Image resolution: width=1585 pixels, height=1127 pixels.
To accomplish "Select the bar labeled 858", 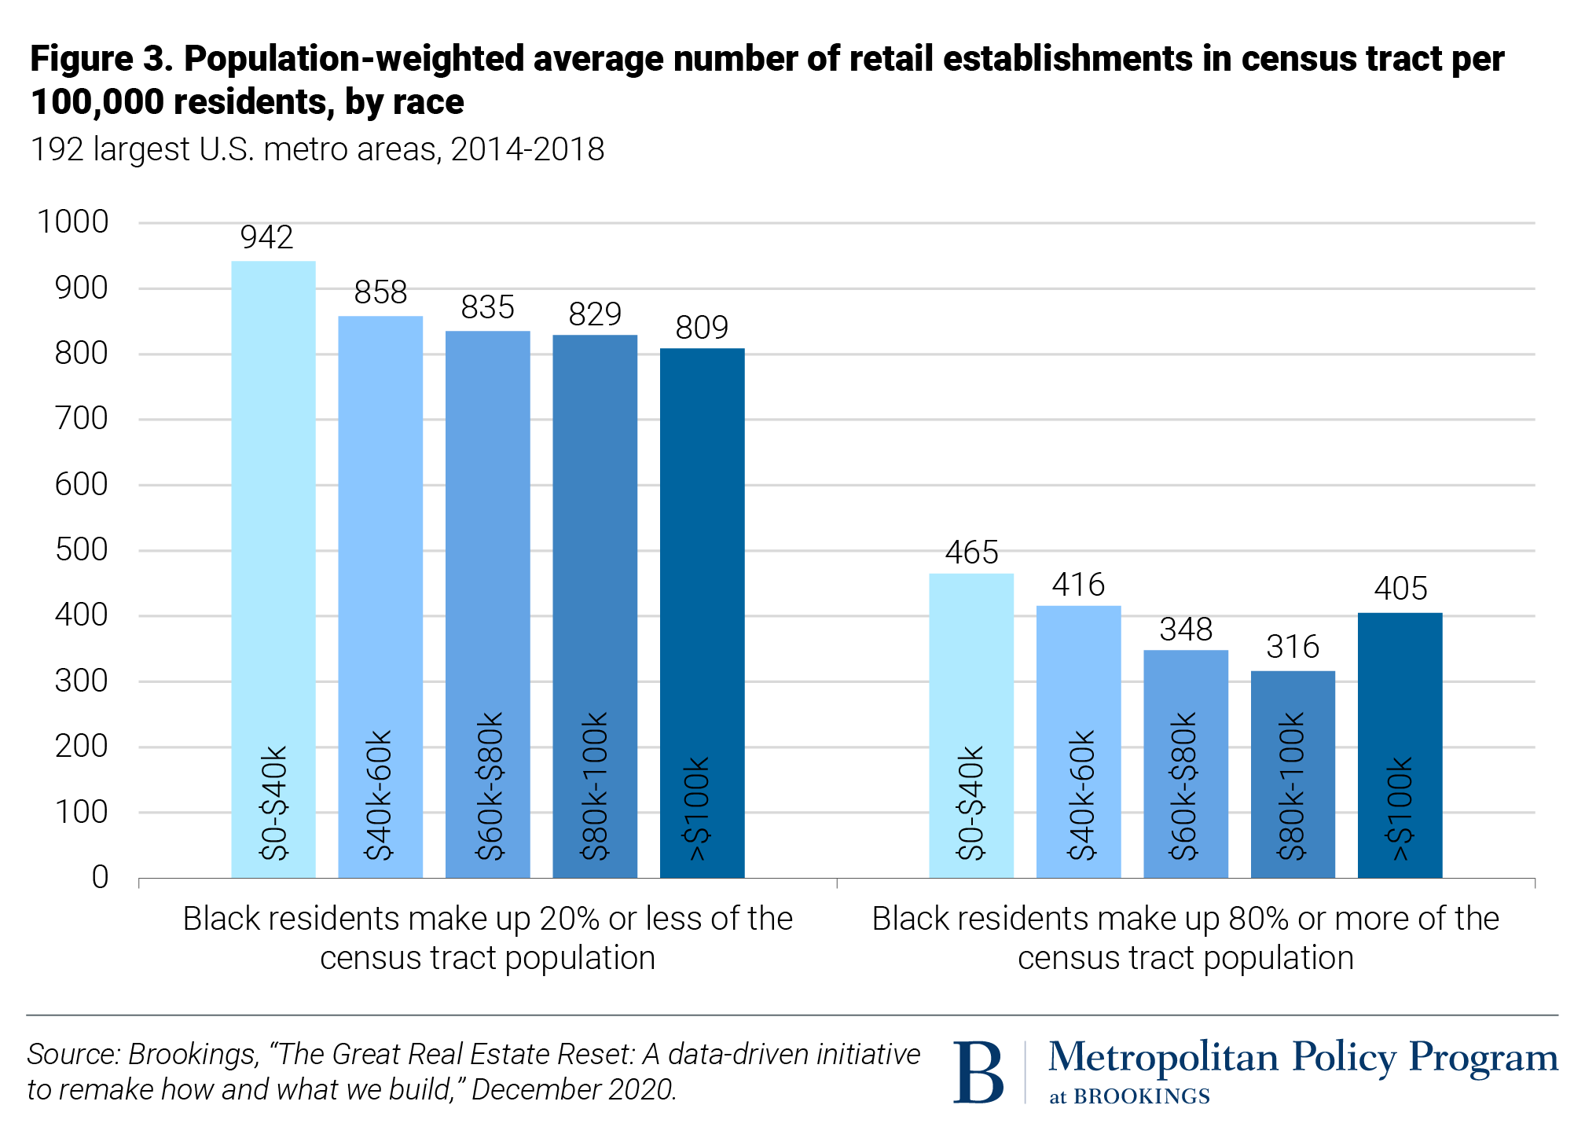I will click(380, 597).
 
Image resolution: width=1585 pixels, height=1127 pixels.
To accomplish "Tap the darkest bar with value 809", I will click(702, 612).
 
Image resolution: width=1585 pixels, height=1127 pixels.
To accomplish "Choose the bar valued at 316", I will click(1293, 774).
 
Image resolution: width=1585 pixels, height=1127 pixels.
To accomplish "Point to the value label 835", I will click(487, 307).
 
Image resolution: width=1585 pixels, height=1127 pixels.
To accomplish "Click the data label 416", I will click(1078, 585).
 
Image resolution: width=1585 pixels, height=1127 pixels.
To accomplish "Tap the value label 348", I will click(1186, 630).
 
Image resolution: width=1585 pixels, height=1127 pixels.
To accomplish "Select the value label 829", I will click(595, 314).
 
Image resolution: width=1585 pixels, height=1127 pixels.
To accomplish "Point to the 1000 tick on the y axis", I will click(72, 222).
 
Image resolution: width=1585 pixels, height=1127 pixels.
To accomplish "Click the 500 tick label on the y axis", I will click(81, 550).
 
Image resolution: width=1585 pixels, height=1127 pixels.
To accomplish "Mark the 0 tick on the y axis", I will click(100, 877).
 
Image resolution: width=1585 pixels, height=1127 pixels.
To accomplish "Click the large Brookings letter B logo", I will click(978, 1072).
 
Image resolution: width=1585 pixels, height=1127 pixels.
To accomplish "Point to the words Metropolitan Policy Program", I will click(1302, 1057).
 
